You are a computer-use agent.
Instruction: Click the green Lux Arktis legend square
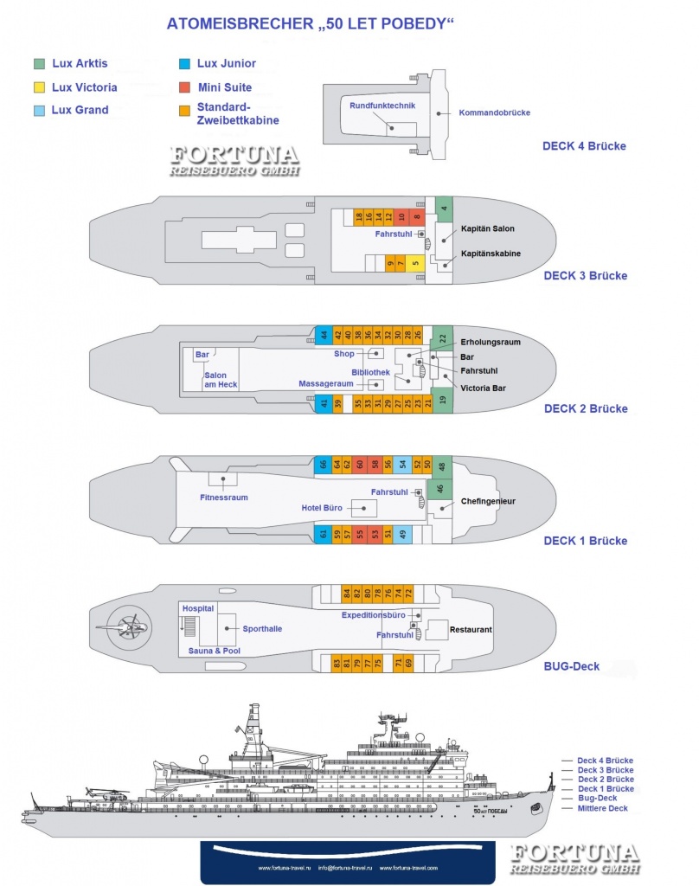tap(40, 63)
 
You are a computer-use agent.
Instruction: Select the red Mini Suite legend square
tap(185, 87)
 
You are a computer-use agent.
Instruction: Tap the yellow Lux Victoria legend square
tap(40, 87)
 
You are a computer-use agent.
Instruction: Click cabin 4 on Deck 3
tap(444, 209)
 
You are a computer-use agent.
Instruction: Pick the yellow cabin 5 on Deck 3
tap(415, 263)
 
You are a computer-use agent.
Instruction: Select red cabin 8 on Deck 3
tap(417, 217)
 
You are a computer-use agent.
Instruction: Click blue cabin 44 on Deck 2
tap(323, 335)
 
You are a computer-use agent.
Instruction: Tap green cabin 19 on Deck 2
tap(442, 401)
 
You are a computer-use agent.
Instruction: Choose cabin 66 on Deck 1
tap(323, 465)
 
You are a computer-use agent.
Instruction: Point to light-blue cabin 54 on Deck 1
tap(402, 465)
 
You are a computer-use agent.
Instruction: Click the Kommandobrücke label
tap(495, 112)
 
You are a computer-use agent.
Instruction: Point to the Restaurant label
tap(471, 629)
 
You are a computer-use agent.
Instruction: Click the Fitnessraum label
tap(224, 498)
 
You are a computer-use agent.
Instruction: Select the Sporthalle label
tap(262, 629)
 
